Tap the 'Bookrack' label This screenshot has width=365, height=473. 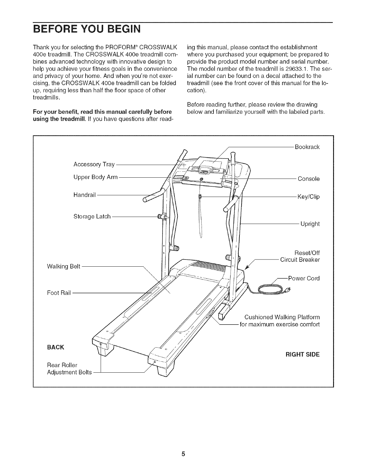[307, 147]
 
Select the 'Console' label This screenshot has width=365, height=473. [309, 179]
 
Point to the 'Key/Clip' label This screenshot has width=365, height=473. [308, 197]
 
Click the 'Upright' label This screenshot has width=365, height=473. [310, 224]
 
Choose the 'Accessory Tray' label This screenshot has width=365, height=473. [94, 165]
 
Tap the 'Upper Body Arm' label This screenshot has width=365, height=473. [96, 177]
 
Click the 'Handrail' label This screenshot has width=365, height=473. [84, 195]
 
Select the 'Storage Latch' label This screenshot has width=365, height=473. [92, 216]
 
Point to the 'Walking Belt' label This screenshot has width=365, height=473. [64, 266]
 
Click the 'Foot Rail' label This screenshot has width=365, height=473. [59, 293]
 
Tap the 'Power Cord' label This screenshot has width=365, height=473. [304, 279]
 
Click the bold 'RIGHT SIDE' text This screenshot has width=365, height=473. [302, 355]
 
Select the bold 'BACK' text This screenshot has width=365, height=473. [55, 347]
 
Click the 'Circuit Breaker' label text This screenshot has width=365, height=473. [300, 260]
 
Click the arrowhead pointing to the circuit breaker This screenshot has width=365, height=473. [247, 268]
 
